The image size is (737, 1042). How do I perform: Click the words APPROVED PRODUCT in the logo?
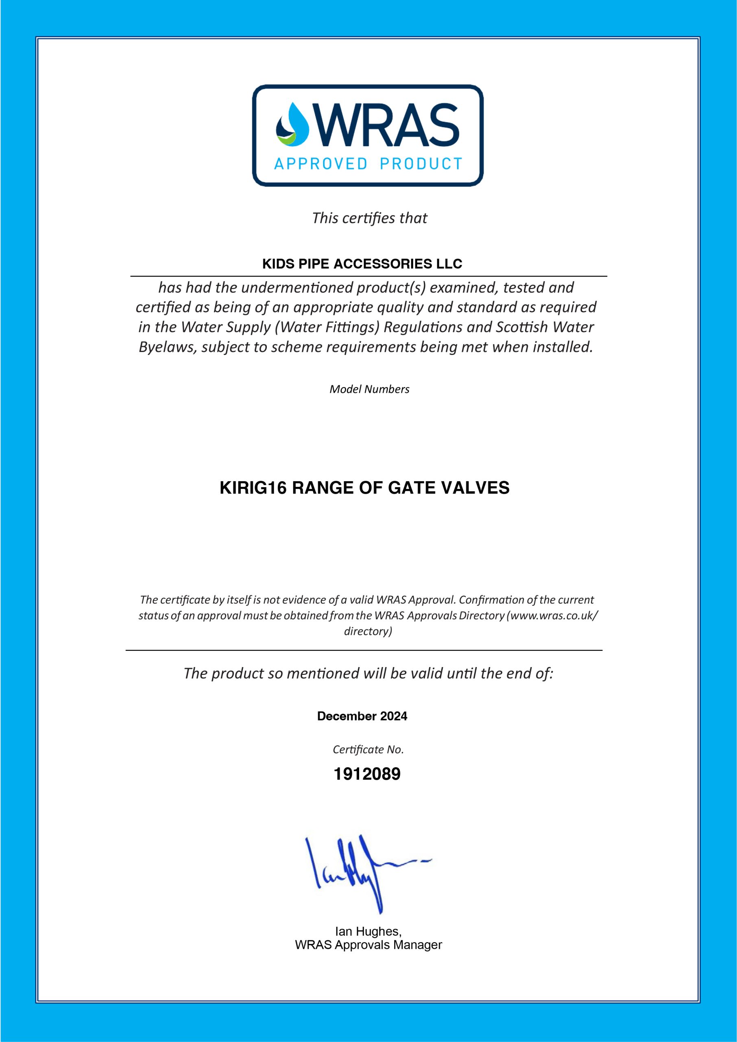pyautogui.click(x=368, y=164)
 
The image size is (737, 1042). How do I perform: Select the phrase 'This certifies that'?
pyautogui.click(x=369, y=219)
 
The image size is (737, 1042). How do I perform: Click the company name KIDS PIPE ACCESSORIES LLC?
pyautogui.click(x=362, y=264)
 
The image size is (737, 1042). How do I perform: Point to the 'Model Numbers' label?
pyautogui.click(x=369, y=389)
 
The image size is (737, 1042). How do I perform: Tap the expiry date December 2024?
pyautogui.click(x=362, y=716)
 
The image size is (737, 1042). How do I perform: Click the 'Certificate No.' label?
pyautogui.click(x=368, y=750)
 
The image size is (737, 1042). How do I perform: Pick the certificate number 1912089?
pyautogui.click(x=367, y=774)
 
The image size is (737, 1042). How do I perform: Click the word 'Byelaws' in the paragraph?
pyautogui.click(x=168, y=347)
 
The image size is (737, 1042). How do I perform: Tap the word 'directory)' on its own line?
pyautogui.click(x=368, y=631)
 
